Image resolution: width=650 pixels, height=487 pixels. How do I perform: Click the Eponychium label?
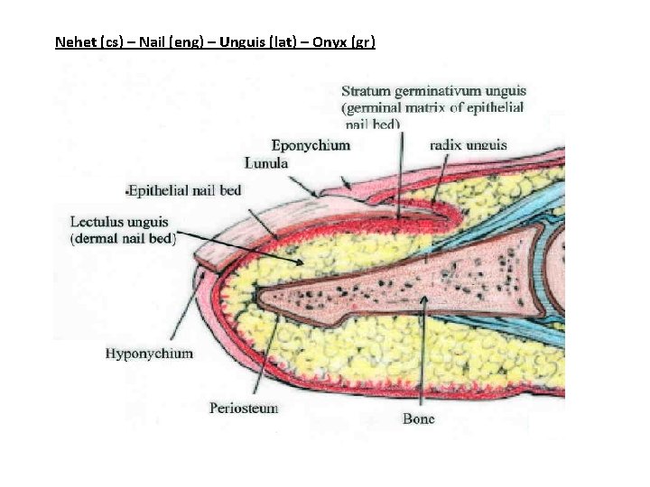click(x=311, y=144)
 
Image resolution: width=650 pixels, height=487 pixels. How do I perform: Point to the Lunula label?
click(x=266, y=163)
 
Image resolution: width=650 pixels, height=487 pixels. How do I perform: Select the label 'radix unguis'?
click(x=468, y=144)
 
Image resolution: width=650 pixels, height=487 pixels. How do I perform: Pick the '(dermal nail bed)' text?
click(x=124, y=238)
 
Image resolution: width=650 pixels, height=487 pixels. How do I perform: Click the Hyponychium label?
click(x=149, y=354)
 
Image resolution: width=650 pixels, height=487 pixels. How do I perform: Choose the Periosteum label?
click(x=244, y=408)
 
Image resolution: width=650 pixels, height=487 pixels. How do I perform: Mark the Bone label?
click(x=418, y=418)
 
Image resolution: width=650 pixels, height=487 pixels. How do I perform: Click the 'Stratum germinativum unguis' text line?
click(x=433, y=91)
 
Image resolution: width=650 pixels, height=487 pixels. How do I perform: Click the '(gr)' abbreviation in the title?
click(x=364, y=41)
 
